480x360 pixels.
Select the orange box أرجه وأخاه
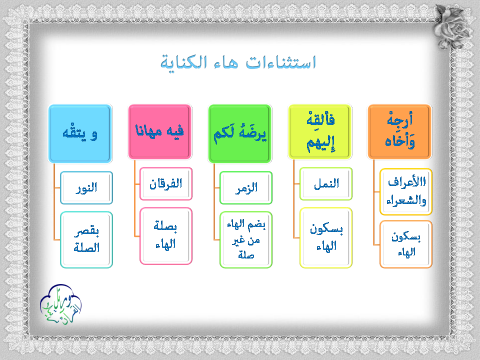pyautogui.click(x=399, y=131)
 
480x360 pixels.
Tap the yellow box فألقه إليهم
pyautogui.click(x=319, y=131)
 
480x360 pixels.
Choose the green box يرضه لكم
pyautogui.click(x=239, y=133)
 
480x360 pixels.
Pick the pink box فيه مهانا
pyautogui.click(x=160, y=131)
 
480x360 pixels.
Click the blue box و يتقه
pyautogui.click(x=80, y=133)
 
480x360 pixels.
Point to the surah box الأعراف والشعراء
pyautogui.click(x=406, y=191)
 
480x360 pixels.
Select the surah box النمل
pyautogui.click(x=326, y=183)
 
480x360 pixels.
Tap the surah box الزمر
pyautogui.click(x=246, y=187)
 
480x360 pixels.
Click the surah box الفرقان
pyautogui.click(x=166, y=183)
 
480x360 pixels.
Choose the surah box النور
pyautogui.click(x=86, y=187)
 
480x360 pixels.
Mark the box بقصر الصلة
pyautogui.click(x=86, y=239)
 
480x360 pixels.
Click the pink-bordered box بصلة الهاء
pyautogui.click(x=166, y=236)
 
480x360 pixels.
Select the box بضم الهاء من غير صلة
pyautogui.click(x=246, y=239)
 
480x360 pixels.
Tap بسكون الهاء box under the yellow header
pyautogui.click(x=326, y=238)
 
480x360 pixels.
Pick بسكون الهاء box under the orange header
pyautogui.click(x=406, y=244)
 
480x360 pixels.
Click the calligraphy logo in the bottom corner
pyautogui.click(x=60, y=304)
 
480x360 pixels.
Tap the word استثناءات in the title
pyautogui.click(x=281, y=62)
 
